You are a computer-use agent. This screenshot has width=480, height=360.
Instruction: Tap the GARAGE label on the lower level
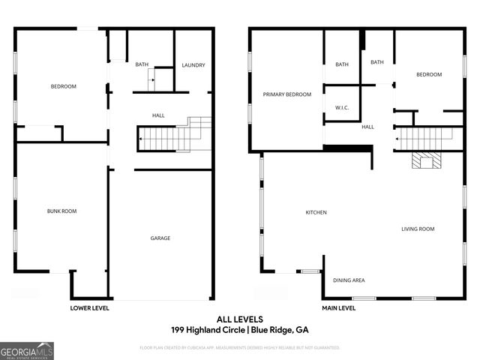(160, 238)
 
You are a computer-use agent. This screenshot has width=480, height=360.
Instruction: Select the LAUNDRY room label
(193, 65)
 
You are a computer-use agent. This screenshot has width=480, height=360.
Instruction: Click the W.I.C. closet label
(341, 108)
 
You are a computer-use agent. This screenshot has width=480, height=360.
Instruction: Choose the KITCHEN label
(316, 212)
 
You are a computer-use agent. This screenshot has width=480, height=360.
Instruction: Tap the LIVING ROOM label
(418, 229)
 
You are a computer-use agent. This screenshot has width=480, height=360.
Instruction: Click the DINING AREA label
(349, 280)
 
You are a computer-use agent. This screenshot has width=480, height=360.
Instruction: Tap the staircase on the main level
(424, 138)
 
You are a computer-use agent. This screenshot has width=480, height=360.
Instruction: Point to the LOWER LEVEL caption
(90, 307)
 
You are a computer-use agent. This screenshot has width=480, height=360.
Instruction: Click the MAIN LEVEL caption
(339, 307)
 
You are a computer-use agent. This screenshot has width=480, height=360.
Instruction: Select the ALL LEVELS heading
(239, 319)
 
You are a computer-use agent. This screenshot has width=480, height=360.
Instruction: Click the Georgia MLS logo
(27, 350)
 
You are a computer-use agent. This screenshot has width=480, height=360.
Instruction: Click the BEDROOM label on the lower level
(64, 86)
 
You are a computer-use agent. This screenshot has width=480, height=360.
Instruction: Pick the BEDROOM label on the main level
(429, 74)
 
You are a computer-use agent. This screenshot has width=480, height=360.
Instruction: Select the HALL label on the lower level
(158, 115)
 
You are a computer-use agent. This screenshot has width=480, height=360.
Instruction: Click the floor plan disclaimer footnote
(239, 347)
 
